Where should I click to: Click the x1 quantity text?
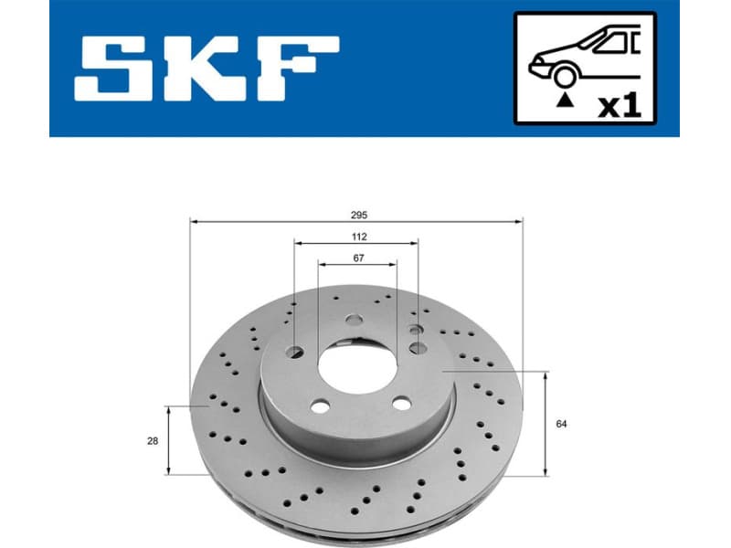[620, 105]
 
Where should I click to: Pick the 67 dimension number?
[359, 258]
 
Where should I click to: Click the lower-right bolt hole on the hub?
[399, 403]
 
